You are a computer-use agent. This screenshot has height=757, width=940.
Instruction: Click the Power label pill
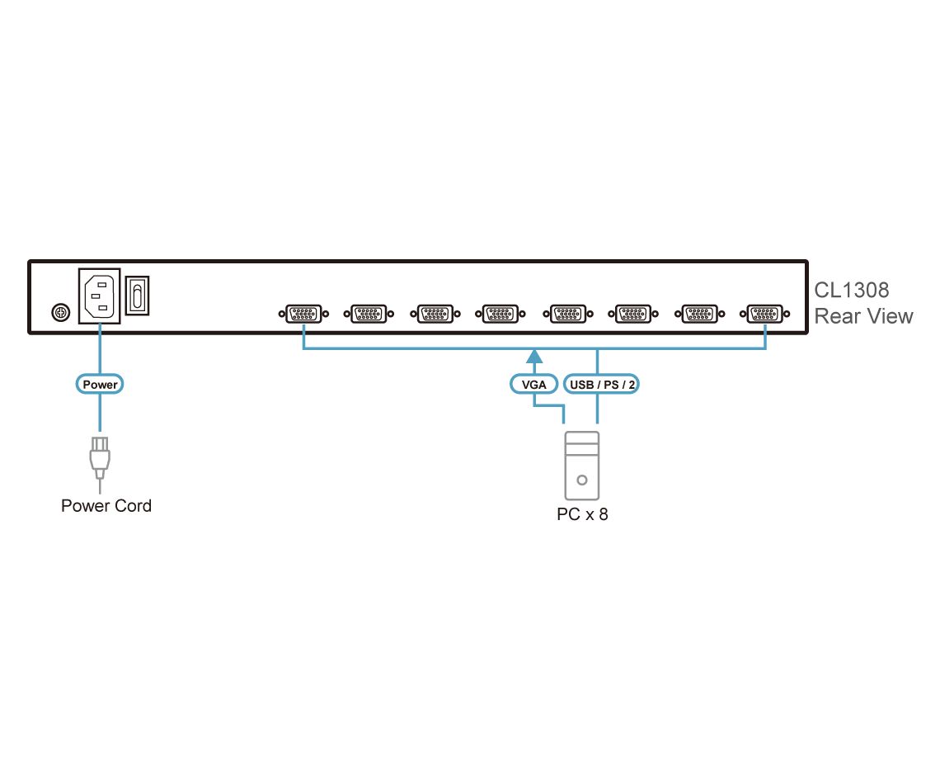pos(101,385)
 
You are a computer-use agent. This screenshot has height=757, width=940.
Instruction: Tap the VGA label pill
pos(534,385)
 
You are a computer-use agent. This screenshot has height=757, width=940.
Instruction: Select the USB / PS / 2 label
pos(602,385)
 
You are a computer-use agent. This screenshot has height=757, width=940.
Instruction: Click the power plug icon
pos(100,458)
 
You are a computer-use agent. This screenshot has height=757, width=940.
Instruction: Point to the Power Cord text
pos(106,505)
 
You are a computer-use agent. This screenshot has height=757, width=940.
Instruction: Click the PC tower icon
pos(582,466)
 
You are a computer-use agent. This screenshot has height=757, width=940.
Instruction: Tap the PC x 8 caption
pos(582,515)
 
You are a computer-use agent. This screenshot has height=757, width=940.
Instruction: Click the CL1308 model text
pos(852,291)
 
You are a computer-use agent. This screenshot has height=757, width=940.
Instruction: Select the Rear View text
pos(863,316)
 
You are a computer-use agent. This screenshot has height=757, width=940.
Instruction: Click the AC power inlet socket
pos(99,296)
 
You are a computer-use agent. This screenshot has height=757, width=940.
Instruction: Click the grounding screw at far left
pos(59,313)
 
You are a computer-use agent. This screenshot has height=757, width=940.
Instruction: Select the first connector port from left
pos(303,314)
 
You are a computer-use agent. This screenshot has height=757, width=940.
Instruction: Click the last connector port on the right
pos(764,314)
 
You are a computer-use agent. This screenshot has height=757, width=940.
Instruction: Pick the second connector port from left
pos(369,314)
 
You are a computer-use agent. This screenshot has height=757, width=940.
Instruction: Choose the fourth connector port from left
pos(500,314)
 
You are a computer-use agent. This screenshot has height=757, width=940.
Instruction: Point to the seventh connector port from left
pos(697,314)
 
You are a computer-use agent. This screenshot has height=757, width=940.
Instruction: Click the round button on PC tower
pos(582,479)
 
